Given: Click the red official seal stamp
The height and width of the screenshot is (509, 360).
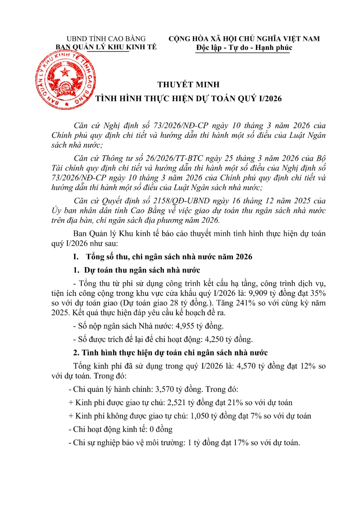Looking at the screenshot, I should pos(65,81).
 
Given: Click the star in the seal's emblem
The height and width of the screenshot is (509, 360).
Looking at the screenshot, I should pos(65,72).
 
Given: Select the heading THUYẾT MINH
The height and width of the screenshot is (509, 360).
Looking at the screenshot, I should pos(188,84).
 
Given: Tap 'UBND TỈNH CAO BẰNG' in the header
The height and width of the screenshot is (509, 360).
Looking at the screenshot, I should pos(106,39).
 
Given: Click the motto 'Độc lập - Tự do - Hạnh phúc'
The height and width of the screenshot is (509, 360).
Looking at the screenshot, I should pos(244,48).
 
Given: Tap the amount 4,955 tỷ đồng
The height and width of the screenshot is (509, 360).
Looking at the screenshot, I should pos(199,326).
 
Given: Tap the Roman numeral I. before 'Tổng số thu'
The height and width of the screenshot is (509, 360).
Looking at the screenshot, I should pos(76,257).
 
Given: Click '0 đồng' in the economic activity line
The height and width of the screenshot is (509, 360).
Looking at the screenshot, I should pos(161,429).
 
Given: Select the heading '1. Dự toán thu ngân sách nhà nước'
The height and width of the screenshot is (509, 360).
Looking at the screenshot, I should pos(136,270).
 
